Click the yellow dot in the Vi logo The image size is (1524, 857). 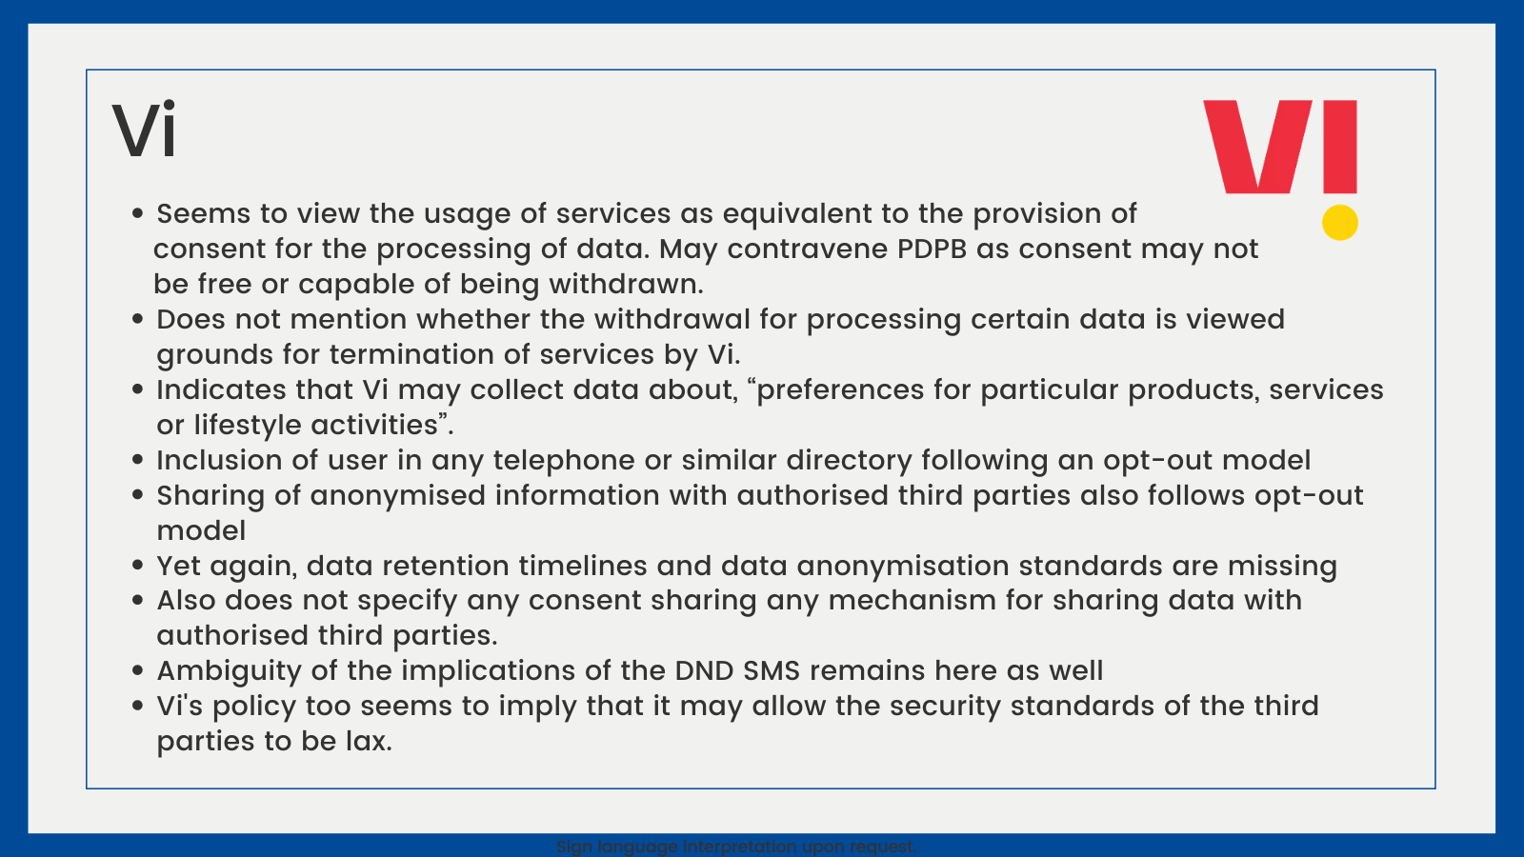[x=1339, y=223]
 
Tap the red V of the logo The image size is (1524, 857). [x=1257, y=147]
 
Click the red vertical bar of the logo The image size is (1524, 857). [x=1340, y=147]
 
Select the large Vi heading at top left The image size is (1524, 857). [x=144, y=130]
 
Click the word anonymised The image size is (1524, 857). [x=397, y=496]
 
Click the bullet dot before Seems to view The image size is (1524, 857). [x=137, y=213]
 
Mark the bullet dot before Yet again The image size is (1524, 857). [x=137, y=566]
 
